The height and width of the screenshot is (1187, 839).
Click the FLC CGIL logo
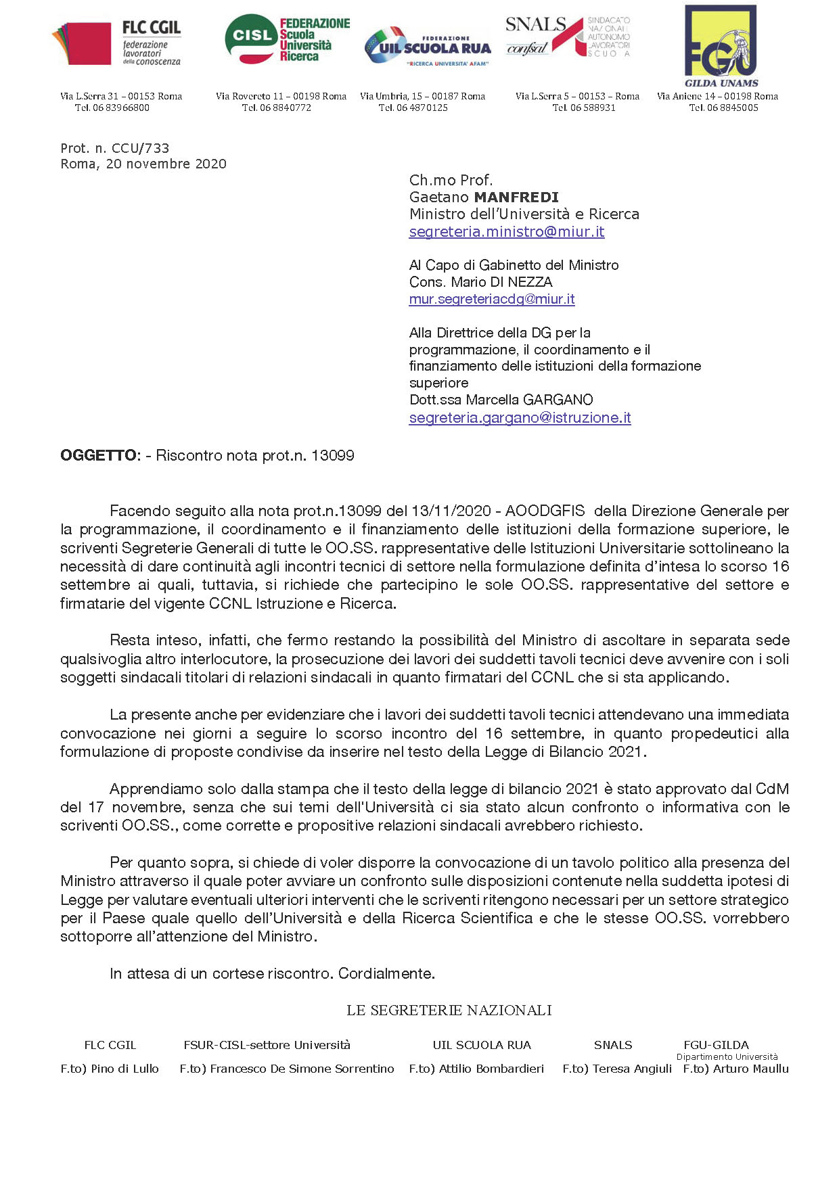click(116, 43)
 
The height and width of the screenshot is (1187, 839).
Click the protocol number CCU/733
click(114, 148)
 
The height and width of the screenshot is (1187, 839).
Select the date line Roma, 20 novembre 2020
click(143, 164)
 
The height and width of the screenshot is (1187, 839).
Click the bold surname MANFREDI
click(516, 197)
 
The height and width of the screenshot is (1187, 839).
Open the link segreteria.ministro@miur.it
click(506, 231)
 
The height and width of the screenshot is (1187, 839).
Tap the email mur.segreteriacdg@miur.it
click(492, 299)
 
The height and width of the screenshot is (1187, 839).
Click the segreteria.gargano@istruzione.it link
click(520, 417)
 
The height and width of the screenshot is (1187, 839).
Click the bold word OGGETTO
click(99, 455)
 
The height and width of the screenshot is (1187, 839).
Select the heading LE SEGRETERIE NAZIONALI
click(449, 1010)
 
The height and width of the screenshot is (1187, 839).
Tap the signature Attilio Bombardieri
click(491, 1069)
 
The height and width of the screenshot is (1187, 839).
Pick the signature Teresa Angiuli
click(632, 1069)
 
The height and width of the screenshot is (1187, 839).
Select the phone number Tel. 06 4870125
click(413, 108)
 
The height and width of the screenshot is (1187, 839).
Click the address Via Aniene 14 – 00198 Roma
click(717, 96)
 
